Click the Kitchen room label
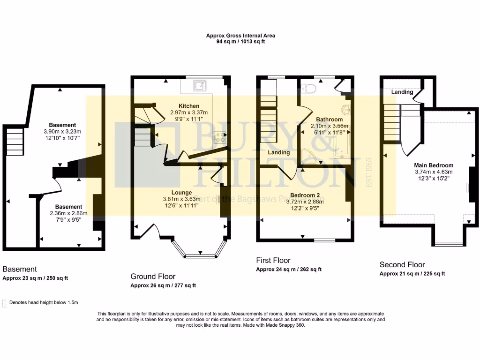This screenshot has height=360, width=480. [189, 106]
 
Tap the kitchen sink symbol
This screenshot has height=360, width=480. [200, 85]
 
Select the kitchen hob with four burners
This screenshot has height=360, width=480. [220, 137]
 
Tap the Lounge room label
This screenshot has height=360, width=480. [181, 192]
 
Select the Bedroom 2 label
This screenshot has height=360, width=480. [307, 195]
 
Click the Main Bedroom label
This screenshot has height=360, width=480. [434, 165]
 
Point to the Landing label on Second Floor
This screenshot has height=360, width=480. [402, 92]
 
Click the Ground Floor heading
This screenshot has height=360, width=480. [153, 277]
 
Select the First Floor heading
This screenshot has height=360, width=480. [273, 260]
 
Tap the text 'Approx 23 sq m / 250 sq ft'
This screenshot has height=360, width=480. [35, 278]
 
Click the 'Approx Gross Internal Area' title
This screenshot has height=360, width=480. [240, 36]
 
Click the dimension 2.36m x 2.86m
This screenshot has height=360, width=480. [68, 213]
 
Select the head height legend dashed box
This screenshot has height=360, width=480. [5, 303]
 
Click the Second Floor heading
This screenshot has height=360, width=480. [402, 264]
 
